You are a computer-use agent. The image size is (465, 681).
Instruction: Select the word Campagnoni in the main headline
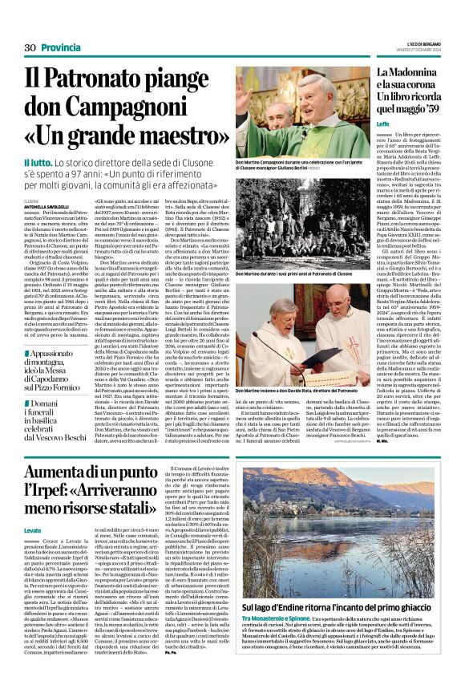pyautogui.click(x=113, y=111)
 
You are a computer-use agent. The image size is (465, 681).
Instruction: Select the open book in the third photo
pyautogui.click(x=269, y=347)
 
